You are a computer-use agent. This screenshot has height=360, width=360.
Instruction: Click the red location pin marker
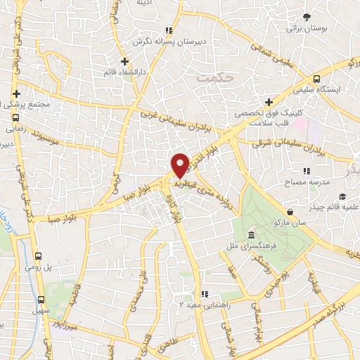click(x=181, y=165)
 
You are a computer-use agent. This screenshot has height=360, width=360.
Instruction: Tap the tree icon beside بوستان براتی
click(x=307, y=17)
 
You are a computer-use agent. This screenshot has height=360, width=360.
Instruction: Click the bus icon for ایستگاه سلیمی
click(x=316, y=79)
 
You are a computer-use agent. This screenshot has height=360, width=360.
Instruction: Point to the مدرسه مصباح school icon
click(x=307, y=171)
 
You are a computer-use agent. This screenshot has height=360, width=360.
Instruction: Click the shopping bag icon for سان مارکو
click(x=290, y=210)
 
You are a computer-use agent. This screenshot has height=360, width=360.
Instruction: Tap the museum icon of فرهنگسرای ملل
click(x=252, y=234)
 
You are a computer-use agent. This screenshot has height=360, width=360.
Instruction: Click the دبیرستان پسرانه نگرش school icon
click(x=168, y=30)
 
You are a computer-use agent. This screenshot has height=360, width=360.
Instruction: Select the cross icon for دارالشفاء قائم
click(x=124, y=61)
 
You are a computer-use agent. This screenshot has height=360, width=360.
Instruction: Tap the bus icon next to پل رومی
click(x=39, y=257)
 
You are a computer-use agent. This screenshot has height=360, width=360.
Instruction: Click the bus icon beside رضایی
click(x=15, y=118)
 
